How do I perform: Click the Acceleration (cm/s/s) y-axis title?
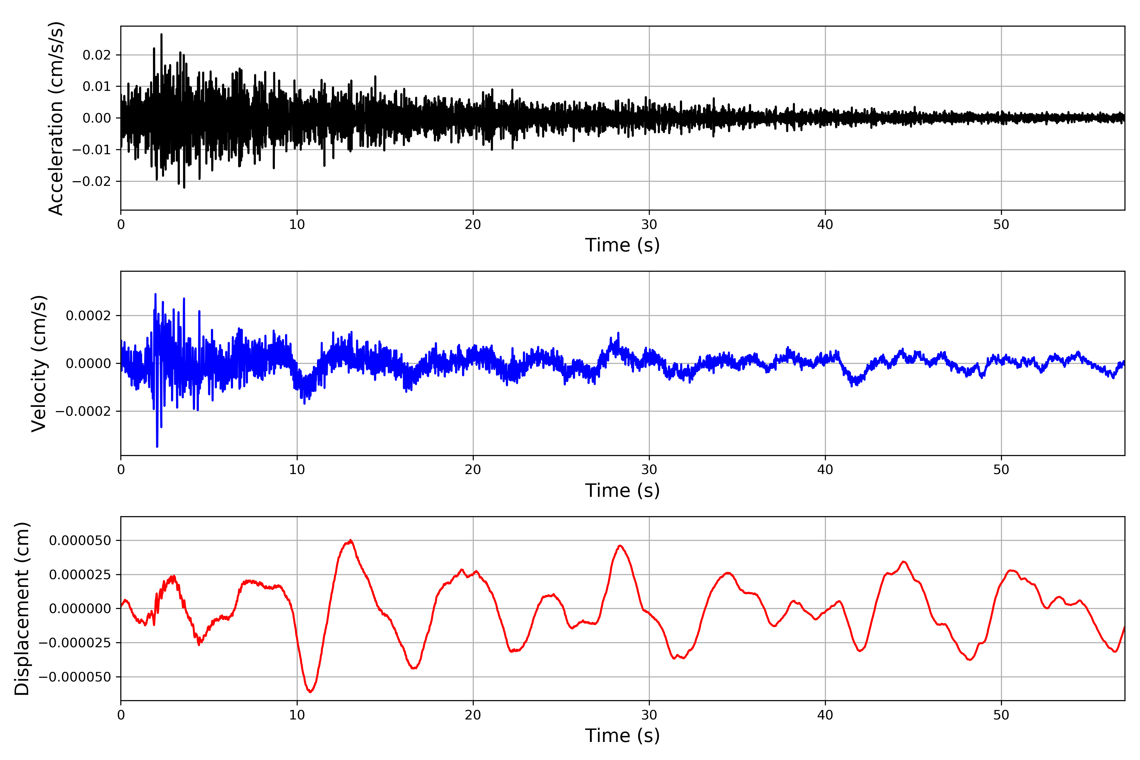56,118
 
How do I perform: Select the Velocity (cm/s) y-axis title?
39,364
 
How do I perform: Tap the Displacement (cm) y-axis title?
22,609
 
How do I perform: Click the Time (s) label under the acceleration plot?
622,245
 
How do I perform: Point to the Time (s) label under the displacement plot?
622,736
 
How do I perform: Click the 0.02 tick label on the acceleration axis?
97,55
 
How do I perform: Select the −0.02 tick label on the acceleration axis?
92,181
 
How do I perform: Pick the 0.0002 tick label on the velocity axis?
88,316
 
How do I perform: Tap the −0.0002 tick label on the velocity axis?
83,411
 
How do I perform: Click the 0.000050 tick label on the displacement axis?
80,541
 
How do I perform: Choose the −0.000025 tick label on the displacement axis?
75,643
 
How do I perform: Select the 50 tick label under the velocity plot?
1001,470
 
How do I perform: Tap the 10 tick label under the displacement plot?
297,715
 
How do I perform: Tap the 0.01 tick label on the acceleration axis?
97,87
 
